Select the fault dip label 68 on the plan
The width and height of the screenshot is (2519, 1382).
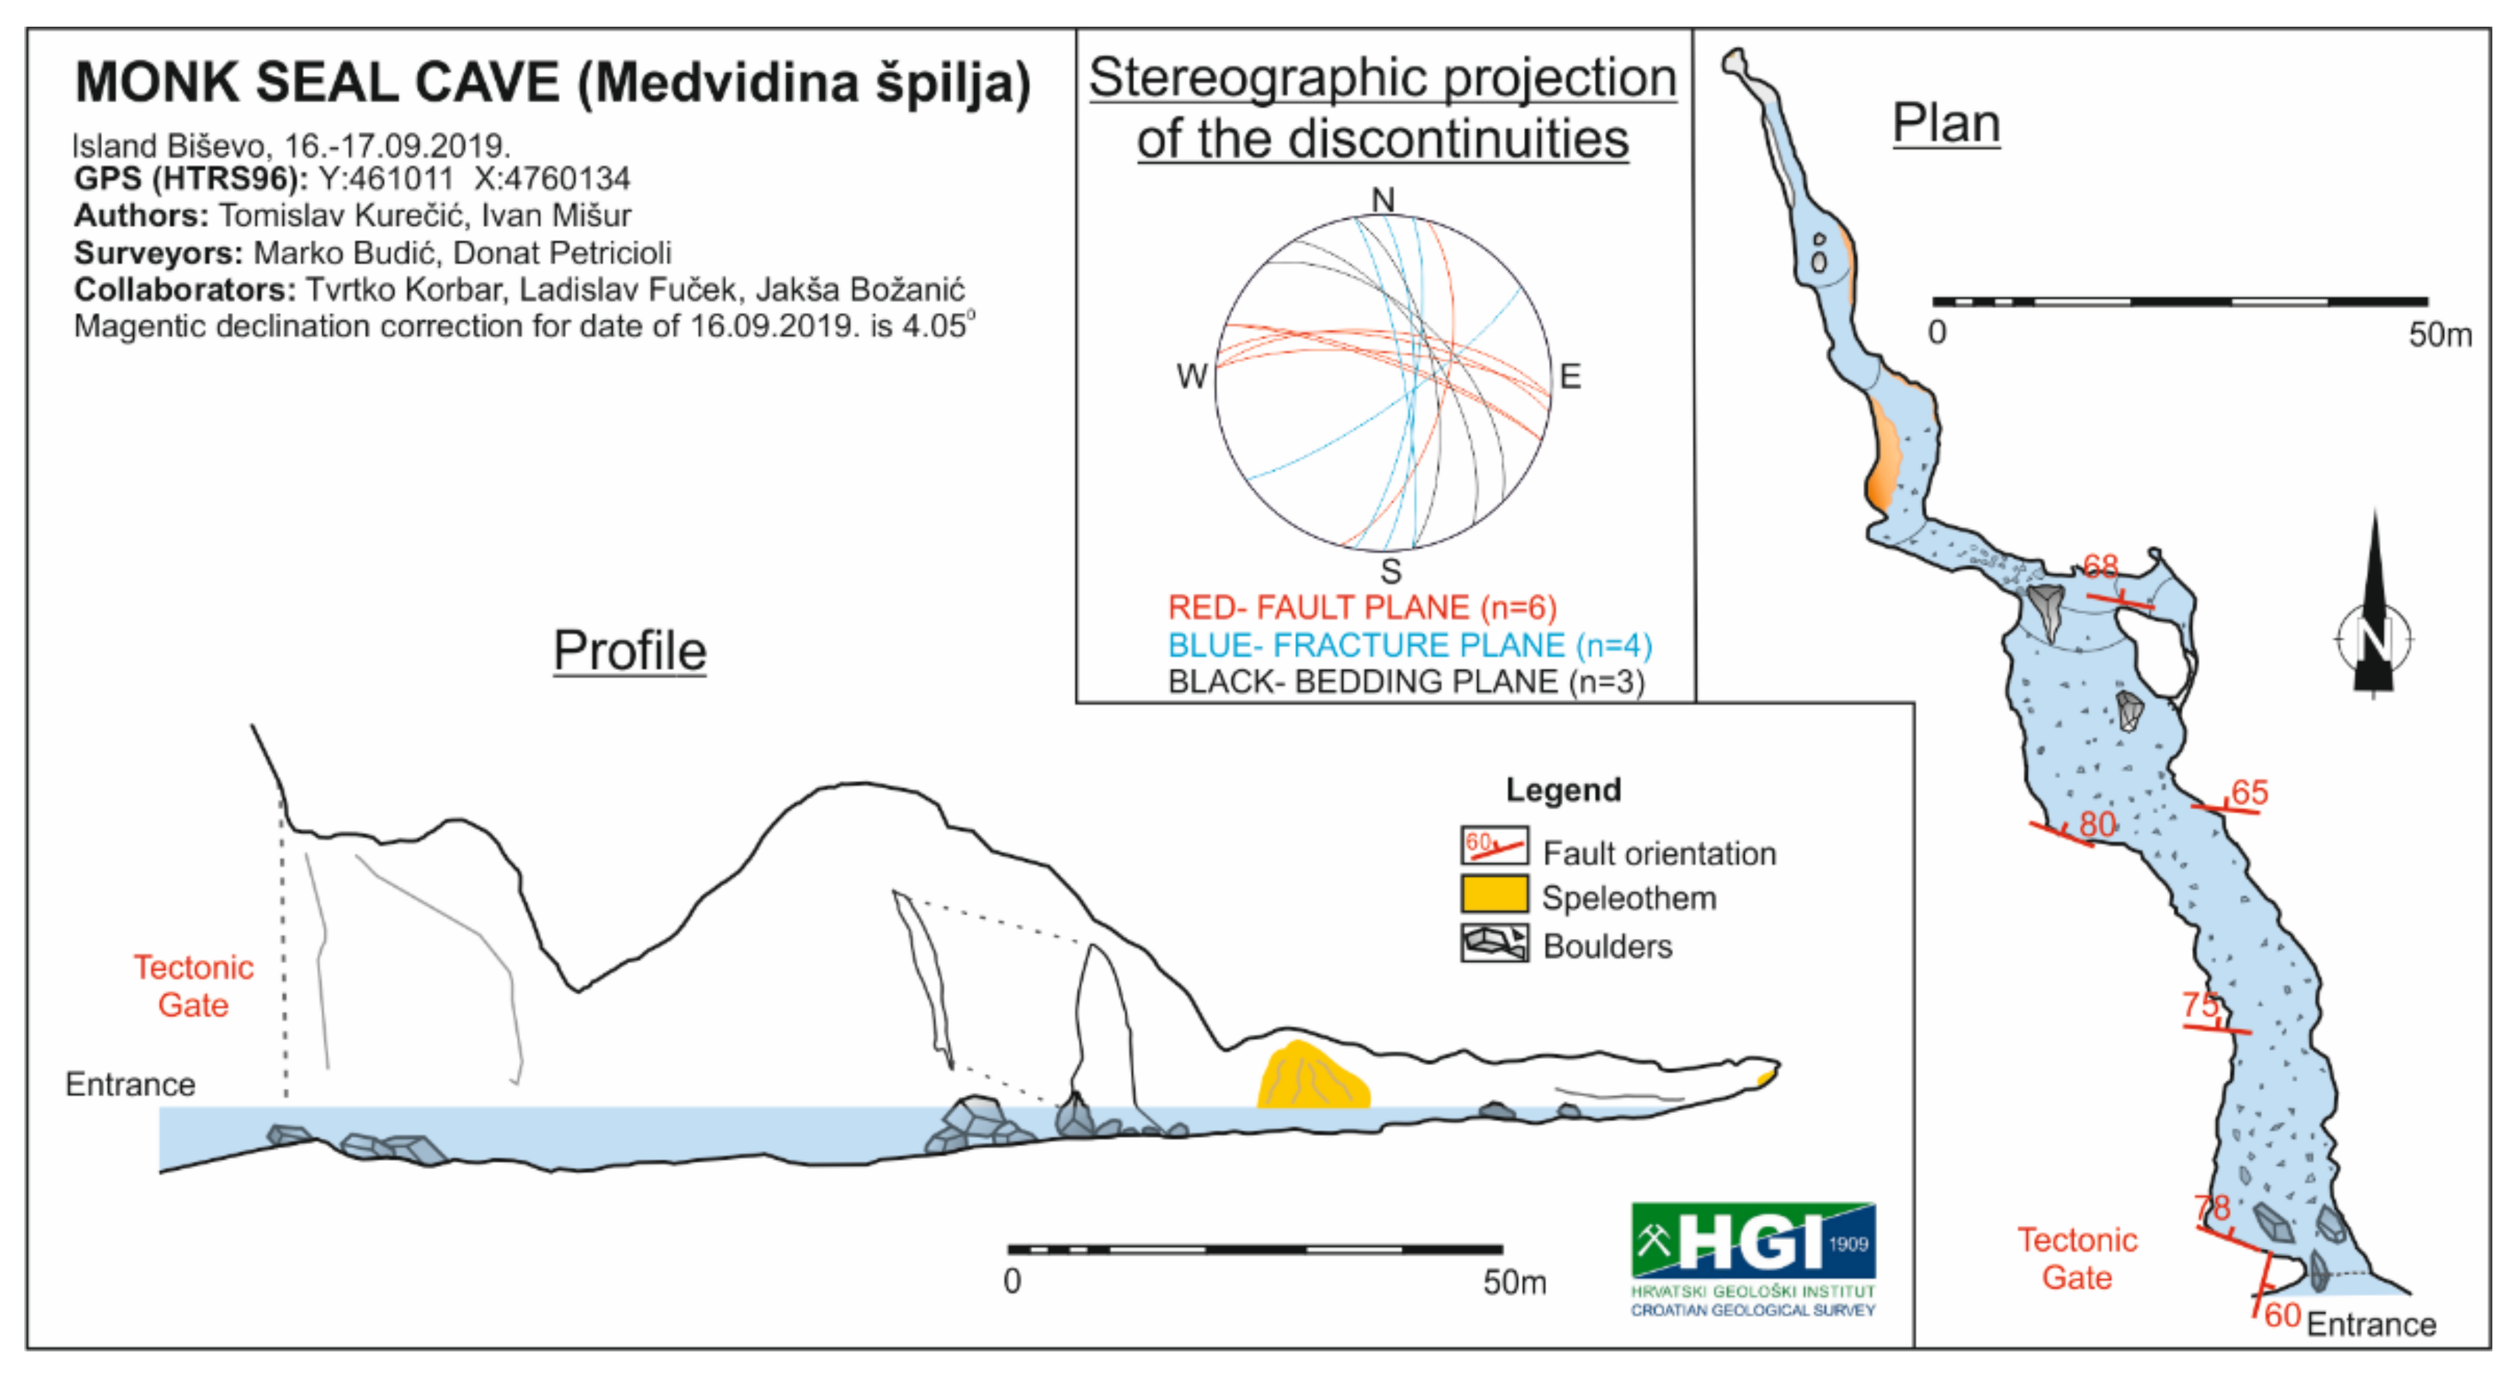2100,565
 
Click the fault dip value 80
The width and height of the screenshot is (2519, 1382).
2096,824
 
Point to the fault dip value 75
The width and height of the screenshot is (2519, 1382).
2200,1005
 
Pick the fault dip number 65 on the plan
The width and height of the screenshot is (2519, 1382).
2249,792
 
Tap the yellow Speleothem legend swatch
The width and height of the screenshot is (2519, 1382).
1493,894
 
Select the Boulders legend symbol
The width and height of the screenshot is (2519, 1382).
1493,943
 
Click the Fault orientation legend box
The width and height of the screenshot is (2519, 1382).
1493,846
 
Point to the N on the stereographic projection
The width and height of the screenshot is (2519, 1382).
1382,200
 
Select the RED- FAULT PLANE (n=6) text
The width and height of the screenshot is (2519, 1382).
1362,608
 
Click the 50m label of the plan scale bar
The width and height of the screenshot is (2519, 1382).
2439,335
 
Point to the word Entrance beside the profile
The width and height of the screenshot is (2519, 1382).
130,1085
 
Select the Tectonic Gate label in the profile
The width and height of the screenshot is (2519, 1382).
194,986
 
